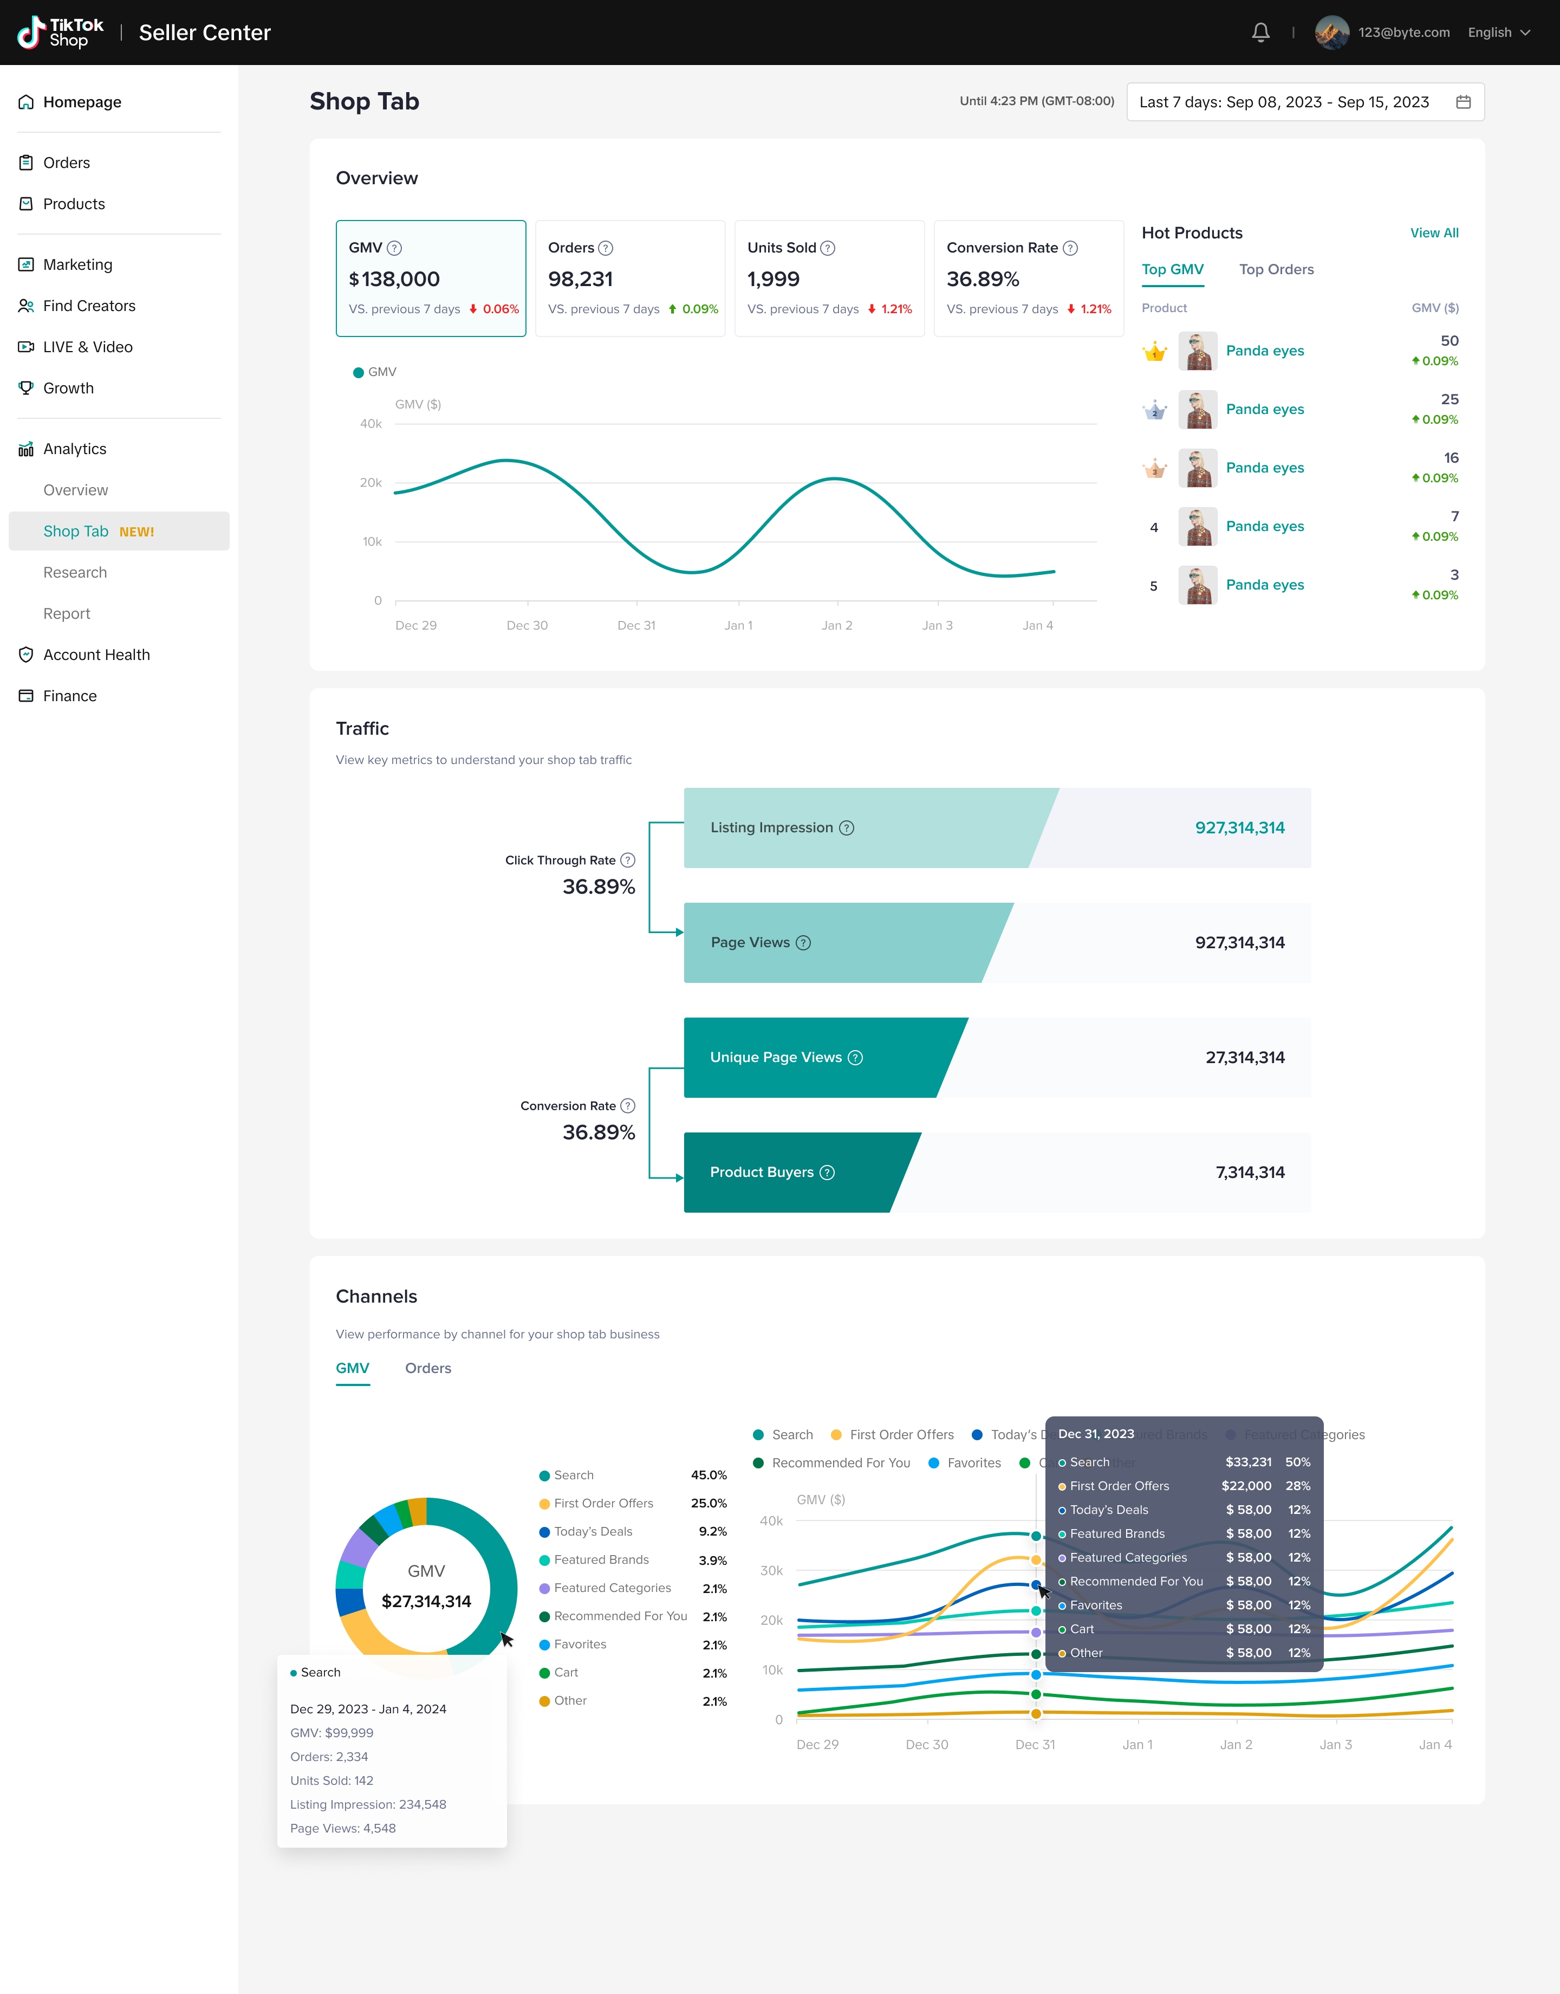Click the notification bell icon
(1260, 33)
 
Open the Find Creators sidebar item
(89, 306)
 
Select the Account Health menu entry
(96, 655)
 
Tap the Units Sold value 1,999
(773, 280)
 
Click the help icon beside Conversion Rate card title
(1070, 249)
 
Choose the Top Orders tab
(1276, 269)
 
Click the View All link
(1434, 233)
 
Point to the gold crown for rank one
(1154, 352)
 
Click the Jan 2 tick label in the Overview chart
(837, 626)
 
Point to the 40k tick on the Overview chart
(371, 424)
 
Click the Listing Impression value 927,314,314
(1239, 827)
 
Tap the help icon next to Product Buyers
(827, 1173)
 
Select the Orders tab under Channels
(427, 1368)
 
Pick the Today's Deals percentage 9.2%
(712, 1532)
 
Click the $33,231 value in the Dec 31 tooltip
(1247, 1462)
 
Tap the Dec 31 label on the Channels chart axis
(1035, 1745)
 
